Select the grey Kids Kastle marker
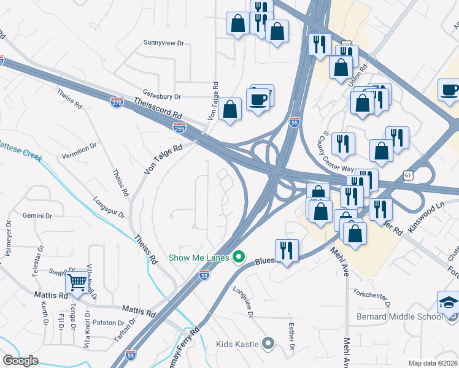(x=268, y=343)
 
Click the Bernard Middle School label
(x=399, y=316)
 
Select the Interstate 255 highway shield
(x=179, y=128)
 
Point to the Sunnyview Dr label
(x=163, y=43)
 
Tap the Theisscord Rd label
(x=160, y=110)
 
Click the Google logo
(x=20, y=361)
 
